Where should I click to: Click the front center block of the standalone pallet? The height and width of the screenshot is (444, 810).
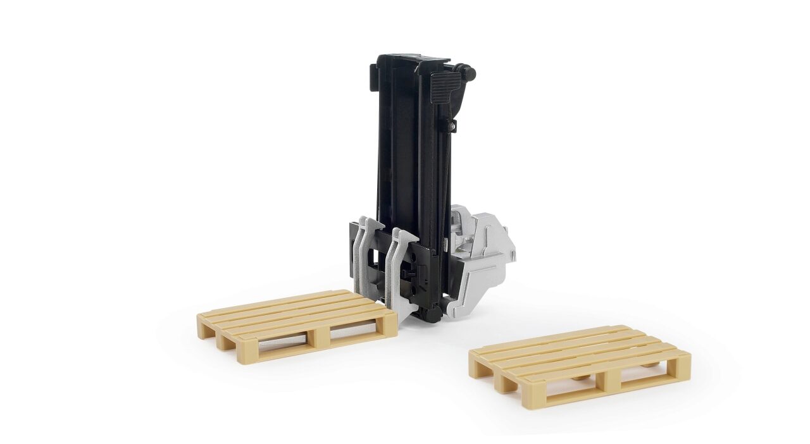[612, 379]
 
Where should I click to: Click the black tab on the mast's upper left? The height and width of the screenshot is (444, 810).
[373, 75]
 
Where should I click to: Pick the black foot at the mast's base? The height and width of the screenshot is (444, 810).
[430, 315]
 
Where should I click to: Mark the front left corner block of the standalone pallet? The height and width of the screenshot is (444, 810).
[535, 397]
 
